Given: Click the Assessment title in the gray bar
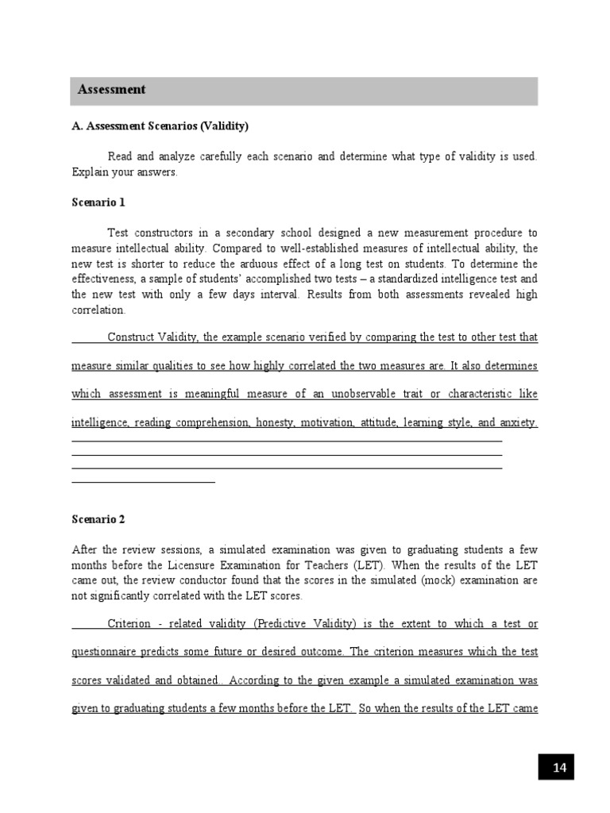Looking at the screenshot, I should (x=111, y=90).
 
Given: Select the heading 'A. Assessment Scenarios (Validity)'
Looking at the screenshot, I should (x=160, y=126).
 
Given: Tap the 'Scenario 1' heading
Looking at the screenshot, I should (x=98, y=202).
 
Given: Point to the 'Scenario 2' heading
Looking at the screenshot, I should (x=98, y=519).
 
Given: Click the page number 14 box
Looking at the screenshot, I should (x=559, y=767).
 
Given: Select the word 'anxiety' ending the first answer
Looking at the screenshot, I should (x=517, y=423).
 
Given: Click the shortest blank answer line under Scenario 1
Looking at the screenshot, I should (x=143, y=481).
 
